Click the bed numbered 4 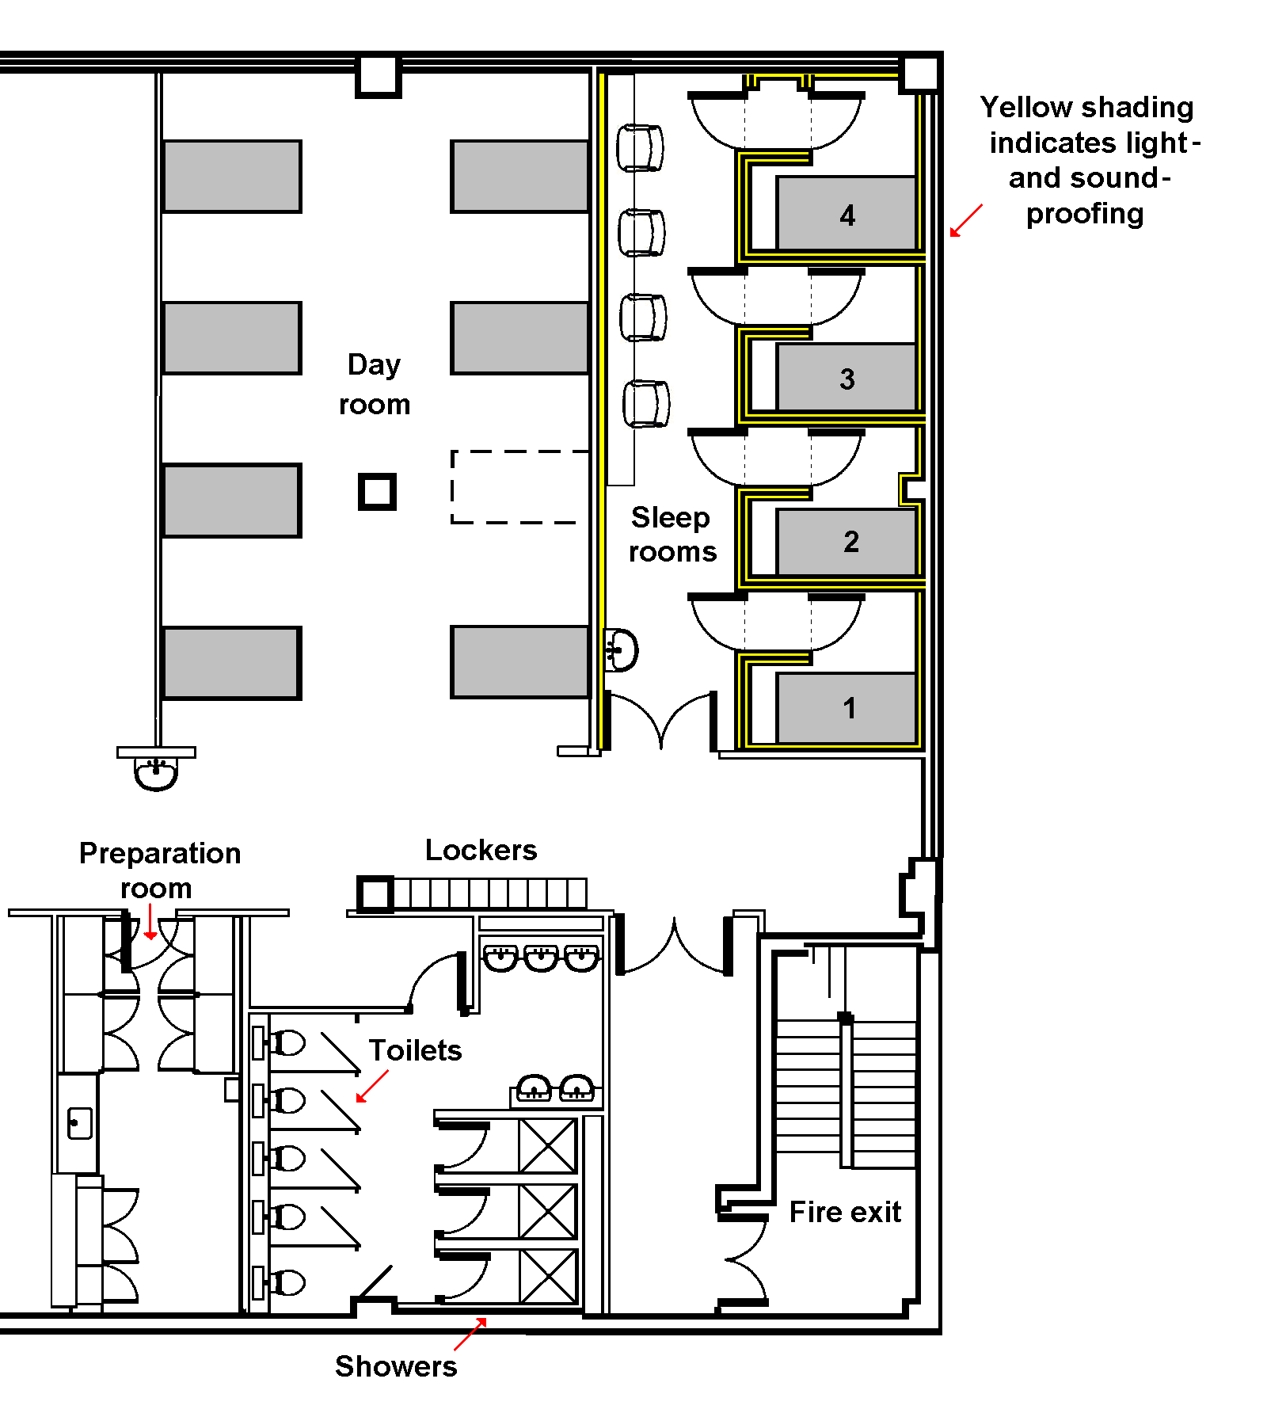847,214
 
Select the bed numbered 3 847,377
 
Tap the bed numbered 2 847,542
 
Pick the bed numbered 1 847,708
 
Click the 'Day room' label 375,384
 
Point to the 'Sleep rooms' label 672,535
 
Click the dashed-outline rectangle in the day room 519,487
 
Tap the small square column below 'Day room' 377,492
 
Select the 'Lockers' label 481,850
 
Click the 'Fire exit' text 845,1212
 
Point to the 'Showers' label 396,1366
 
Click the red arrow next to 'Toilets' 372,1086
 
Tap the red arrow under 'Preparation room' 150,922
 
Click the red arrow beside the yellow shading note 966,220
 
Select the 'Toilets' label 415,1050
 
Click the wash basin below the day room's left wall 156,772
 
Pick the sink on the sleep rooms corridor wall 622,650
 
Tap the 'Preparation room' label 159,870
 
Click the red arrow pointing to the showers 470,1334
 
